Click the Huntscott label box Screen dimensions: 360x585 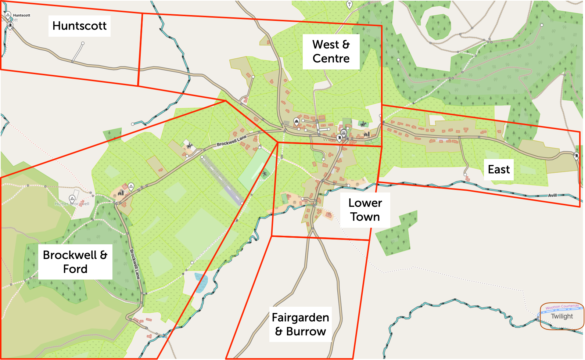pos(79,26)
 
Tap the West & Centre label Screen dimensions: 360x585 pos(331,51)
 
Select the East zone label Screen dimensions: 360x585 pos(498,169)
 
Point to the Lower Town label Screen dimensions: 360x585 pos(365,210)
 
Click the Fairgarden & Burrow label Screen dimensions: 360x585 pos(300,324)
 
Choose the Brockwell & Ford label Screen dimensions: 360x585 pos(75,262)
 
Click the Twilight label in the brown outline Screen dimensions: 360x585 pos(561,316)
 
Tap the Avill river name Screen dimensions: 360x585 pos(552,195)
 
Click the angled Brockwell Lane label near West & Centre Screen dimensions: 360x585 pos(232,141)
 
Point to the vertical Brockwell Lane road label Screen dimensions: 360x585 pos(135,264)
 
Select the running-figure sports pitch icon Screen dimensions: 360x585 pos(264,173)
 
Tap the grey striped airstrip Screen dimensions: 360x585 pos(222,180)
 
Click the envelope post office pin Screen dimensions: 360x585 pos(344,132)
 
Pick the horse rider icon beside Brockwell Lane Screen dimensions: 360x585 pos(189,145)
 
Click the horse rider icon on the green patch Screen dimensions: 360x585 pos(363,124)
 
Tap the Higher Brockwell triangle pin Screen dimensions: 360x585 pos(72,199)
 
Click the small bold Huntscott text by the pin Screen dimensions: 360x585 pos(21,15)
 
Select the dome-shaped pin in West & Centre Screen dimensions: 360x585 pos(297,121)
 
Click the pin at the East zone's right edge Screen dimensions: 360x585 pos(577,156)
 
